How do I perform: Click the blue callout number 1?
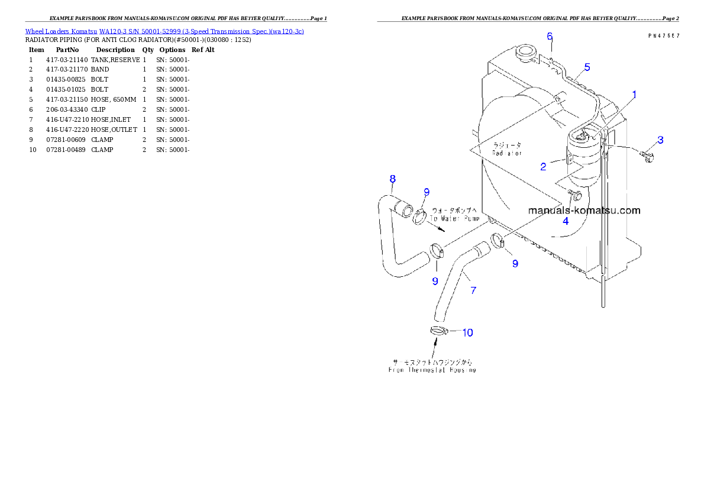[x=635, y=94]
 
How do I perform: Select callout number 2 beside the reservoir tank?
[x=543, y=167]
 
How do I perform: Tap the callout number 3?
[x=660, y=140]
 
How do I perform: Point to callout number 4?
[x=566, y=221]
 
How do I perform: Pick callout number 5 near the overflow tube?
[x=587, y=67]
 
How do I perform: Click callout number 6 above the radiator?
[x=550, y=37]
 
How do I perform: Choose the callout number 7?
[x=473, y=290]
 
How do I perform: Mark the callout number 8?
[x=392, y=179]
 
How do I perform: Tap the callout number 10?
[x=467, y=332]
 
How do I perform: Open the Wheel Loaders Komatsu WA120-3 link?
[x=164, y=31]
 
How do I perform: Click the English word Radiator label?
[x=507, y=153]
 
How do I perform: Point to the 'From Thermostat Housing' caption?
[x=432, y=370]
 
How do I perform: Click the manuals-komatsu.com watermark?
[x=583, y=210]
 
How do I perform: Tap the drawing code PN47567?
[x=663, y=35]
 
